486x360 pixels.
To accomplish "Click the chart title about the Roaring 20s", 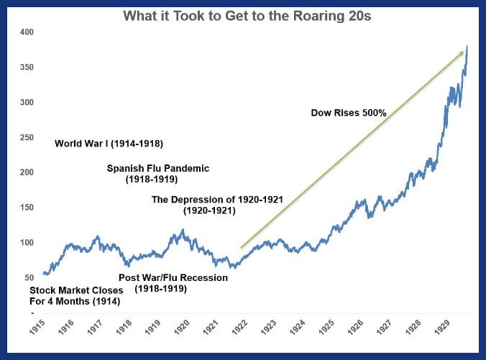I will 247,16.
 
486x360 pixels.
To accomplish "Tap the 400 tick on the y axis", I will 27,32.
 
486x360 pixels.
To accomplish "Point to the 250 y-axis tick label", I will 27,137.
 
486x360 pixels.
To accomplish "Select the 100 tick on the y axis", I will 27,243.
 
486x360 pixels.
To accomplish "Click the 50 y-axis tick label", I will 29,277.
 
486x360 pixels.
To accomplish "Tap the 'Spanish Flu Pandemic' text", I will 158,168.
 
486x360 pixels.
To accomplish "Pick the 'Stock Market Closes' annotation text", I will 77,290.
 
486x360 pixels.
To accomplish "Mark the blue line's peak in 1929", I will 467,47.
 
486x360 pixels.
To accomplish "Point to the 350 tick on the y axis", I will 27,68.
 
